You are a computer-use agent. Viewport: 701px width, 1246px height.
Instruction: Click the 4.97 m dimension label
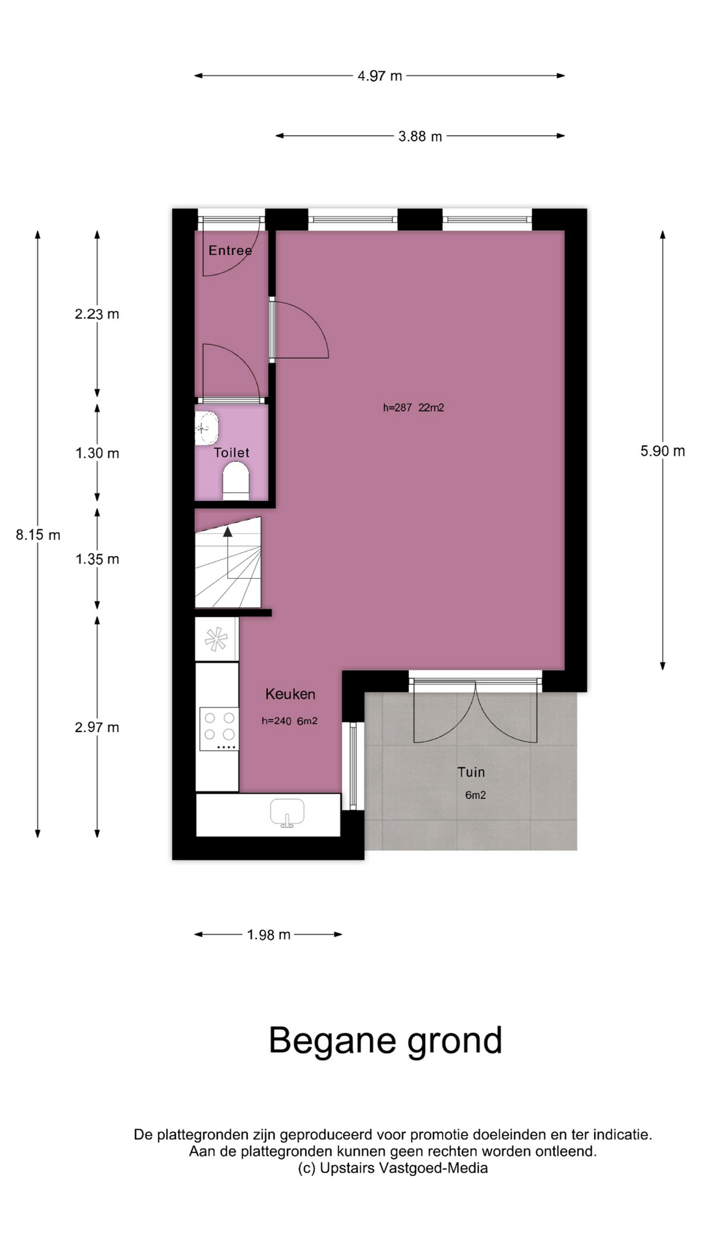coord(380,76)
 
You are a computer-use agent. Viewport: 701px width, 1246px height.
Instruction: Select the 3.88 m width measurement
coord(420,136)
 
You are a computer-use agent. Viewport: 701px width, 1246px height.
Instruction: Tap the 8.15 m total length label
coord(38,535)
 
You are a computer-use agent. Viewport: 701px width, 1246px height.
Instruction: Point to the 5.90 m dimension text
coord(663,451)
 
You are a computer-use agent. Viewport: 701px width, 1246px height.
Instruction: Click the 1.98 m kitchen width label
coord(269,935)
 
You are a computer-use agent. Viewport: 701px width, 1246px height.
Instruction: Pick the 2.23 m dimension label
coord(97,314)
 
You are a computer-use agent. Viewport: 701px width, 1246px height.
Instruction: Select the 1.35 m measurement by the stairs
coord(97,559)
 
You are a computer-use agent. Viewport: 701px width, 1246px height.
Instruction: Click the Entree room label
coord(230,250)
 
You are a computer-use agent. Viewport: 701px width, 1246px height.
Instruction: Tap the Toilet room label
coord(232,453)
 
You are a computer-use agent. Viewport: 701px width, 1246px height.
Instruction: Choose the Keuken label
coord(290,694)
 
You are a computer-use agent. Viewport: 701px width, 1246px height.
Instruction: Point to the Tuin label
coord(471,772)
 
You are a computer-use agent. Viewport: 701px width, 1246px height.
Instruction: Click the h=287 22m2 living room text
coord(413,408)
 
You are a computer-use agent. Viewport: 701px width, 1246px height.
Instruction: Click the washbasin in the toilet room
coord(206,428)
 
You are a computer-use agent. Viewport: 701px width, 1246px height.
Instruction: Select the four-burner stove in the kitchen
coord(219,729)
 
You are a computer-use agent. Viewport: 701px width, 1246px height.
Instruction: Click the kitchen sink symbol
coord(287,814)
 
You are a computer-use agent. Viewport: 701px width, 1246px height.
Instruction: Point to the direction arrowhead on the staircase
coord(227,531)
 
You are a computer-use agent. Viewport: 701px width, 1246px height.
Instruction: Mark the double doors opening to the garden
coord(476,711)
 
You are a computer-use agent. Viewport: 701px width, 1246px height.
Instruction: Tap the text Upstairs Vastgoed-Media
coord(404,1168)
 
